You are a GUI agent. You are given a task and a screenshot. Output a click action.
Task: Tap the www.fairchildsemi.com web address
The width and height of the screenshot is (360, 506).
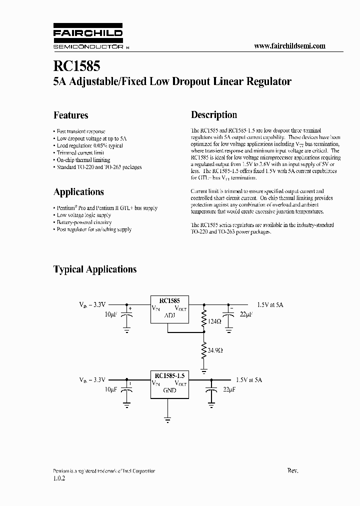[x=289, y=45]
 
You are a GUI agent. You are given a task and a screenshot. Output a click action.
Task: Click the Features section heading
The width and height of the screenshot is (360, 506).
[x=70, y=115]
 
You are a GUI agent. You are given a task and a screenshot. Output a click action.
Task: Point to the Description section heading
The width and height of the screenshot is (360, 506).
[x=214, y=115]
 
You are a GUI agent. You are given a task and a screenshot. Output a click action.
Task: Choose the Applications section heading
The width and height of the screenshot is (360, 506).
[x=78, y=192]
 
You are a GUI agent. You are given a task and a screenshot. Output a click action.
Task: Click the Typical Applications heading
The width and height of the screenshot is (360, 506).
[x=95, y=269]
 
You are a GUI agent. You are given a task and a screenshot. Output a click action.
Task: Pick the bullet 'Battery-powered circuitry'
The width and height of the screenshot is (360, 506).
[x=84, y=222]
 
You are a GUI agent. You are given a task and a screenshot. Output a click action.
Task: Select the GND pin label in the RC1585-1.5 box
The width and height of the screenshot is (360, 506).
[x=169, y=390]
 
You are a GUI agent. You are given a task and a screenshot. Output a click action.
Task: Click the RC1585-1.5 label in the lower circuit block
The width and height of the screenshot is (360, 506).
[x=169, y=375]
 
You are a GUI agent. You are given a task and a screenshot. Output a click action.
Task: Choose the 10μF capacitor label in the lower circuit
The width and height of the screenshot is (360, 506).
[x=111, y=388]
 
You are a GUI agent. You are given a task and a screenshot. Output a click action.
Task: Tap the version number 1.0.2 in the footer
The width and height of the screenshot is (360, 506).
[x=59, y=478]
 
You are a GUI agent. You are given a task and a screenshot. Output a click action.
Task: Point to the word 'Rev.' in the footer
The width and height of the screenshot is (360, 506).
[x=293, y=471]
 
